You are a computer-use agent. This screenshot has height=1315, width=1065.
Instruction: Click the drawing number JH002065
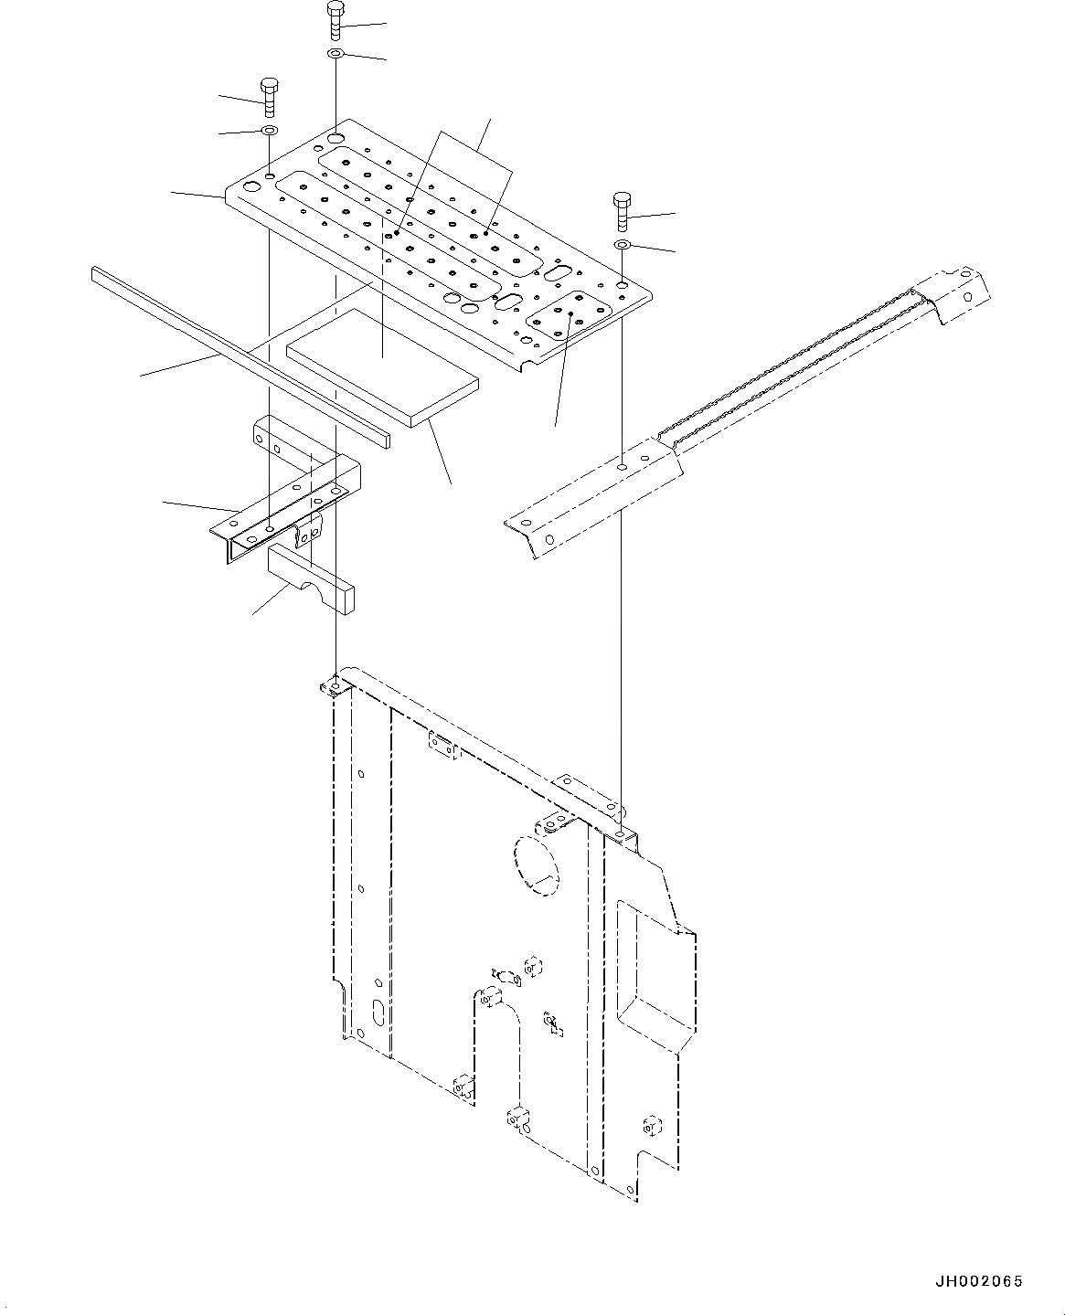tap(977, 1282)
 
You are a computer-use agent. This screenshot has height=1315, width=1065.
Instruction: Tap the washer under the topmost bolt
tap(335, 56)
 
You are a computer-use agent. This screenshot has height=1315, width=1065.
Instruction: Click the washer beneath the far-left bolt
tap(269, 133)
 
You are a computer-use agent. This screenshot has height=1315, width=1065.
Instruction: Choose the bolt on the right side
tap(622, 210)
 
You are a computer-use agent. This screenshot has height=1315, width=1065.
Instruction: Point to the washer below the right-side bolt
tap(622, 245)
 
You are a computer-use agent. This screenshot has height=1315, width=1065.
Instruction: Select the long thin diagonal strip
tap(238, 352)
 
